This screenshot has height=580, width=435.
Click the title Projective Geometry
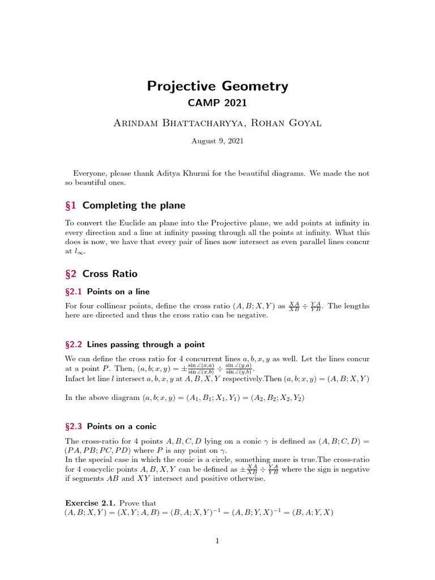coord(217,86)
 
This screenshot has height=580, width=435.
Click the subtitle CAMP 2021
coord(217,104)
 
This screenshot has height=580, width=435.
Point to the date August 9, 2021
coord(217,141)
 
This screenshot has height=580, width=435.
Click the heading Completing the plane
coord(134,205)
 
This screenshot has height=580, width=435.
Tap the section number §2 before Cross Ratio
coord(71,274)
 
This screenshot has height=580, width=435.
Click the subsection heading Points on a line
coord(118,291)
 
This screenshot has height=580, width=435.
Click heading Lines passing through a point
coord(146,344)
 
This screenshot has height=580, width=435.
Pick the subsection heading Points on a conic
coord(121,426)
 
